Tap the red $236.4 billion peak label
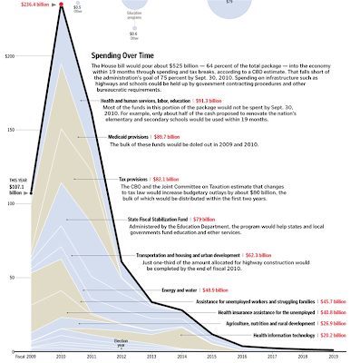[x=26, y=5]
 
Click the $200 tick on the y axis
[x=10, y=56]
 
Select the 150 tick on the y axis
[x=10, y=130]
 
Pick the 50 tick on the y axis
[x=11, y=277]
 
